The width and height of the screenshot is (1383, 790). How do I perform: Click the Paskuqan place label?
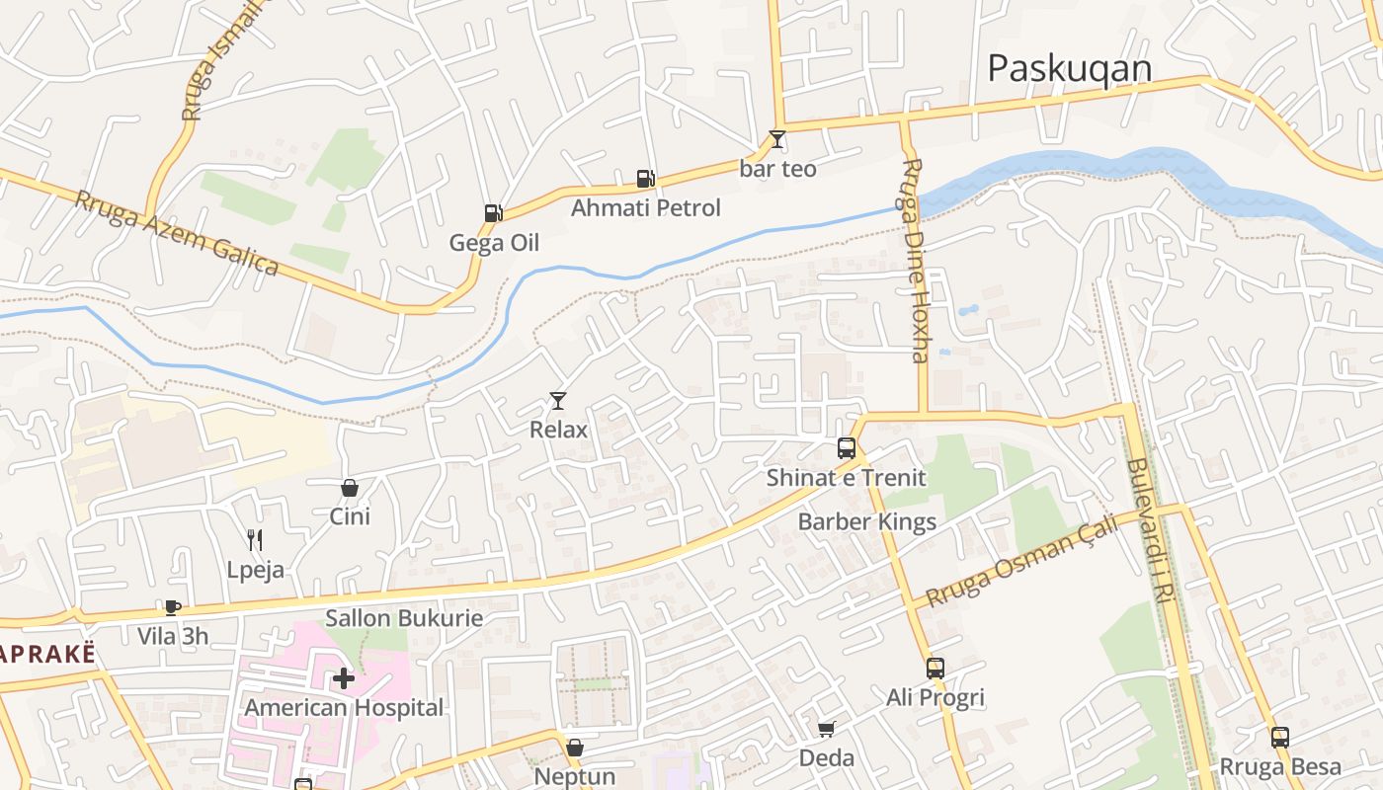pyautogui.click(x=1070, y=68)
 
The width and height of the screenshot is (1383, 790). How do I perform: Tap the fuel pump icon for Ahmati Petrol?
pyautogui.click(x=645, y=179)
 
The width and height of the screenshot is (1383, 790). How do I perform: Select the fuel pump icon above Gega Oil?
pyautogui.click(x=493, y=212)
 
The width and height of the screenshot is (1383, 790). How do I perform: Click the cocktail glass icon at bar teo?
pyautogui.click(x=777, y=139)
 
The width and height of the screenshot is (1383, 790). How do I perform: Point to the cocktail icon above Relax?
pyautogui.click(x=558, y=400)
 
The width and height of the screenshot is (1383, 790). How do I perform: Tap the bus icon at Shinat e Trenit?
pyautogui.click(x=847, y=447)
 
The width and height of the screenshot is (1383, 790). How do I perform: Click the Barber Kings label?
pyautogui.click(x=866, y=521)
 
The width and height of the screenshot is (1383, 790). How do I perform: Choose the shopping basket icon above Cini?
pyautogui.click(x=349, y=487)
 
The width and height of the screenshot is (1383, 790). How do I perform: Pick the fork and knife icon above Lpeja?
pyautogui.click(x=255, y=539)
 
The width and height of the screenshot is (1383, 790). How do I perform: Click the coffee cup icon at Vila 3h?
pyautogui.click(x=173, y=607)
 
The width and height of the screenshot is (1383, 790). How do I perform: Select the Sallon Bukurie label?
pyautogui.click(x=404, y=619)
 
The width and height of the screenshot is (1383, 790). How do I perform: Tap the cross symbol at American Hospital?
pyautogui.click(x=343, y=678)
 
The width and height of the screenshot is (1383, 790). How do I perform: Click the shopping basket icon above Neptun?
pyautogui.click(x=574, y=748)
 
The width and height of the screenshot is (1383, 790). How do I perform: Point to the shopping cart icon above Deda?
pyautogui.click(x=826, y=729)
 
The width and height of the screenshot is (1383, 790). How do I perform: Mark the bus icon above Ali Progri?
pyautogui.click(x=936, y=669)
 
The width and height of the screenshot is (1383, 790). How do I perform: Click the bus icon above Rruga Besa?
pyautogui.click(x=1280, y=737)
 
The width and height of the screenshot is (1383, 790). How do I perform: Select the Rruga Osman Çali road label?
pyautogui.click(x=1022, y=560)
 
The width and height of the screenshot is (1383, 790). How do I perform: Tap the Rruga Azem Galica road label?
pyautogui.click(x=177, y=233)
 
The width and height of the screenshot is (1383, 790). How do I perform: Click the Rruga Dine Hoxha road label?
pyautogui.click(x=916, y=260)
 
